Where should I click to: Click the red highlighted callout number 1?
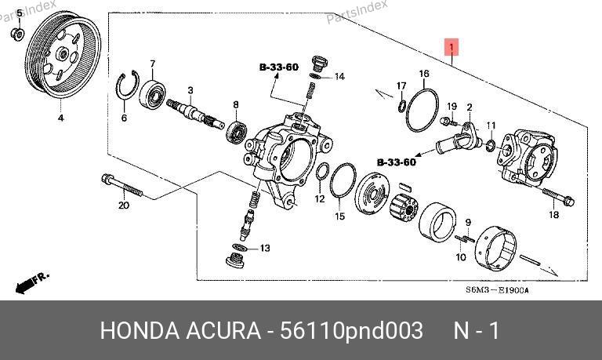(x=451, y=47)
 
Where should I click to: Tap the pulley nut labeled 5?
(x=17, y=35)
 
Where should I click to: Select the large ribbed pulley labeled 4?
(x=63, y=55)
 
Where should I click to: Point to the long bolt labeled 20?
(x=122, y=185)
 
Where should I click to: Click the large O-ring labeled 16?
(x=422, y=110)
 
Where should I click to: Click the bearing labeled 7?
(x=152, y=94)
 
